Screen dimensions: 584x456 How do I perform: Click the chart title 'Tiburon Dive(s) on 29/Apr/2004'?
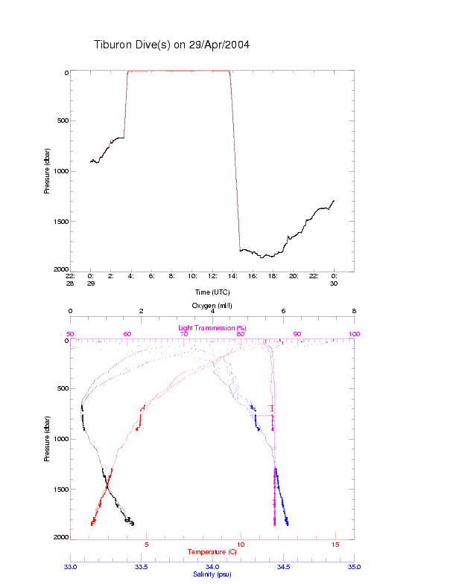(x=171, y=45)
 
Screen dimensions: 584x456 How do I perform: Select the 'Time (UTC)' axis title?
(x=212, y=292)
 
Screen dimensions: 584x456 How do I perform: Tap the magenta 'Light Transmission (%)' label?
(x=212, y=328)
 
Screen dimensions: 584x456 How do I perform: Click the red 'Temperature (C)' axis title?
(x=212, y=552)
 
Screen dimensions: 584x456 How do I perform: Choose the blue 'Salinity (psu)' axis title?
(x=212, y=574)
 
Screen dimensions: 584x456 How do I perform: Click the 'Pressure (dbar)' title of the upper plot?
(x=47, y=171)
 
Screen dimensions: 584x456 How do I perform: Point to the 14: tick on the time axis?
(x=232, y=275)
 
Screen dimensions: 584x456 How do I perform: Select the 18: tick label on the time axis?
(x=273, y=275)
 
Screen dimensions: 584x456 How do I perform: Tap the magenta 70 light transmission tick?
(x=184, y=334)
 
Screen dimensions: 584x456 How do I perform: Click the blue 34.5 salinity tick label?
(x=283, y=567)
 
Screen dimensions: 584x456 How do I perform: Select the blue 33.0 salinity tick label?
(x=71, y=567)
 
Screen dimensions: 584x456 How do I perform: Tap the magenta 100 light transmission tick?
(x=354, y=334)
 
